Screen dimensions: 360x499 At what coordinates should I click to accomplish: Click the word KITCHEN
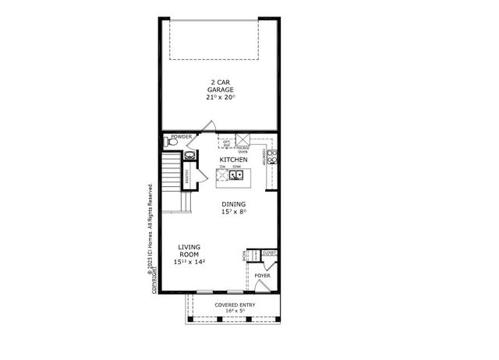pyautogui.click(x=233, y=160)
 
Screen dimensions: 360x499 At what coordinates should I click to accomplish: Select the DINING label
pyautogui.click(x=233, y=204)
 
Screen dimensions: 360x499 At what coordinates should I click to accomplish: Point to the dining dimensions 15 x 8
pyautogui.click(x=233, y=212)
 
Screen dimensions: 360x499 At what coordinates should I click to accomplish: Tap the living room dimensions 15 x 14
pyautogui.click(x=189, y=263)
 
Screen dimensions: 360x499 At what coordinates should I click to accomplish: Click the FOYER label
pyautogui.click(x=262, y=276)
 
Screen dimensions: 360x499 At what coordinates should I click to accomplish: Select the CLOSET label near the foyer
pyautogui.click(x=269, y=253)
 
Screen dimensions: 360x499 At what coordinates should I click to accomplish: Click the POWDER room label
pyautogui.click(x=181, y=136)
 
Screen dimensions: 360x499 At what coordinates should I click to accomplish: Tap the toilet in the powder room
pyautogui.click(x=170, y=143)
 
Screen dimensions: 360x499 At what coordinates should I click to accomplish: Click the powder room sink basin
pyautogui.click(x=189, y=155)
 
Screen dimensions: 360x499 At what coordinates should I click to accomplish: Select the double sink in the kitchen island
pyautogui.click(x=233, y=176)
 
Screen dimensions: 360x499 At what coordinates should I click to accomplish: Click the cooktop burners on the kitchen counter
pyautogui.click(x=272, y=157)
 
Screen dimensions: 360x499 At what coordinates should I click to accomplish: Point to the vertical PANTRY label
pyautogui.click(x=187, y=176)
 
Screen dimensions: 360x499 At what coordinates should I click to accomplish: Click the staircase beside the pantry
pyautogui.click(x=171, y=181)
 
